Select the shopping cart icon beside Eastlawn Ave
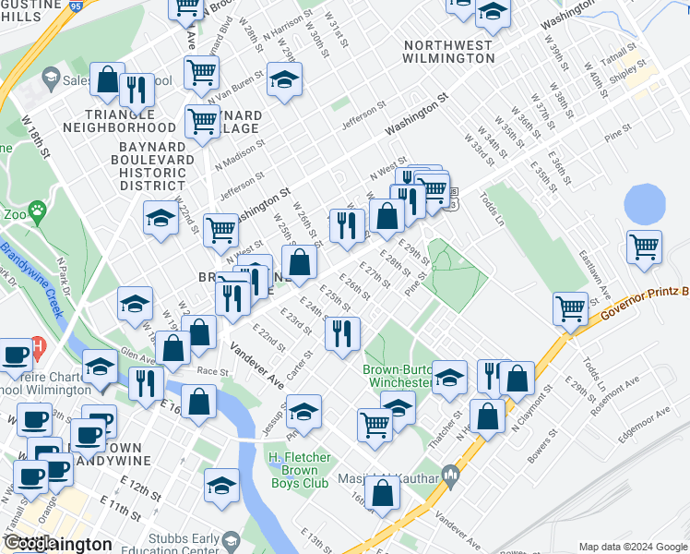pyautogui.click(x=643, y=247)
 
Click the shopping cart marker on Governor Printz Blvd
pyautogui.click(x=571, y=309)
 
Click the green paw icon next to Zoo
pyautogui.click(x=37, y=211)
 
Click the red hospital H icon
pyautogui.click(x=38, y=348)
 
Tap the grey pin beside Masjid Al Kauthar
pyautogui.click(x=451, y=476)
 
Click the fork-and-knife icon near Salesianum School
pyautogui.click(x=137, y=89)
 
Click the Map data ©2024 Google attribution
pyautogui.click(x=633, y=547)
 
